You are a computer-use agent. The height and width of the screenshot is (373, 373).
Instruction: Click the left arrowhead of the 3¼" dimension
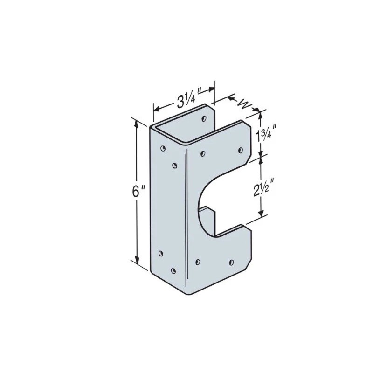[x=156, y=109]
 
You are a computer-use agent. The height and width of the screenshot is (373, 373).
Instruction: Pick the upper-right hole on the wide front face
[x=241, y=150]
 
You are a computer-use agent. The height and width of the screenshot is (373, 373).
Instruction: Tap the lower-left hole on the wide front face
[x=198, y=262]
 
